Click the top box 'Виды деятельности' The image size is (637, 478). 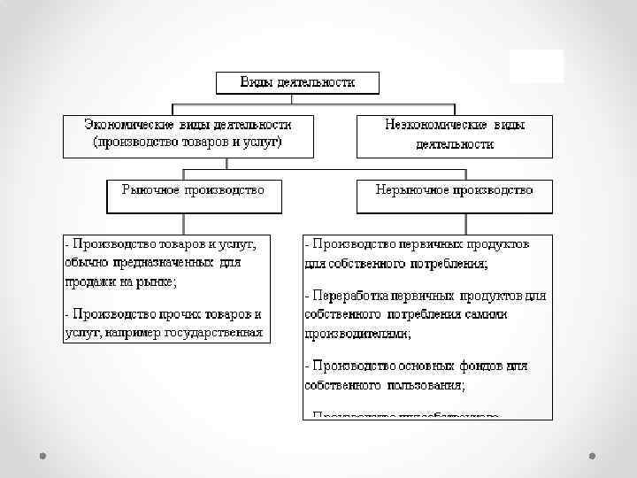[x=298, y=82]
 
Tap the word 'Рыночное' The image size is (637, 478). [x=152, y=189]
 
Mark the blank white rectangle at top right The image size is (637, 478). [x=536, y=66]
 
